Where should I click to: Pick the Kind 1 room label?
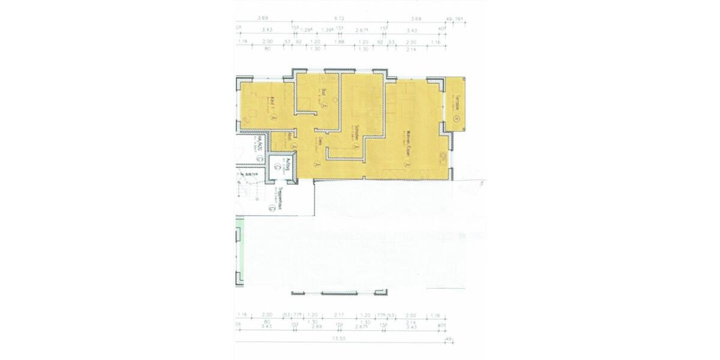click(272, 100)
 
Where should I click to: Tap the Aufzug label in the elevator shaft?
click(289, 167)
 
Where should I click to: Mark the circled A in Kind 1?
click(273, 118)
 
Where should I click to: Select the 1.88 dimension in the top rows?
click(340, 42)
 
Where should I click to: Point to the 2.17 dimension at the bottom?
click(340, 315)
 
